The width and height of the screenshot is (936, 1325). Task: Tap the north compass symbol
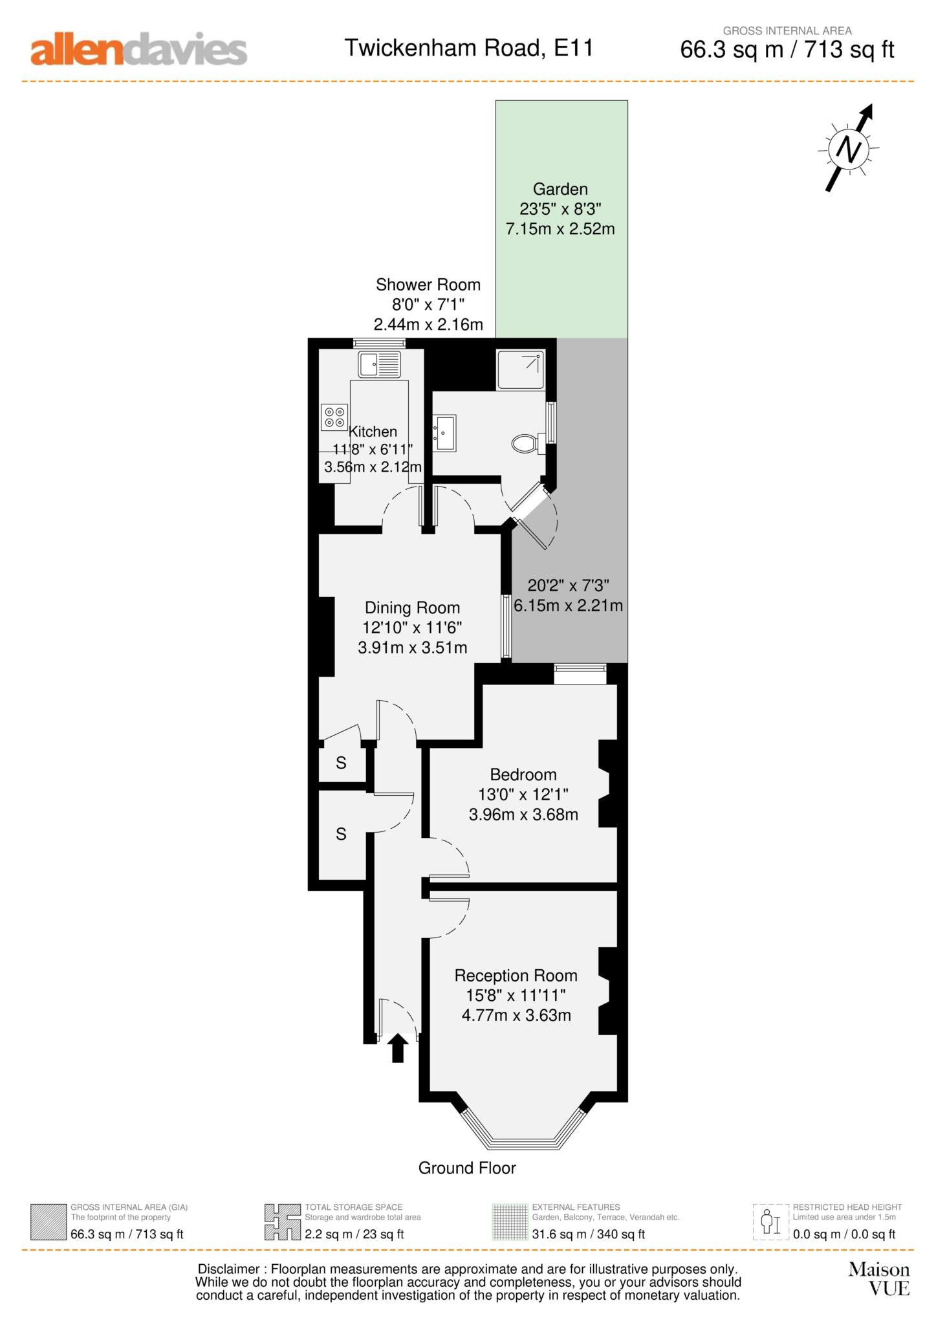click(849, 149)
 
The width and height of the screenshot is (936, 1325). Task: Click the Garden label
click(560, 189)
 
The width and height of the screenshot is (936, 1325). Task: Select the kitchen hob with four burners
click(334, 417)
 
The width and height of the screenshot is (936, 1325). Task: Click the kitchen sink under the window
click(380, 365)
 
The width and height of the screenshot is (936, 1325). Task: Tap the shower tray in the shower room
click(521, 369)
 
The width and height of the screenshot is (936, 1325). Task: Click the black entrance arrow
click(397, 1047)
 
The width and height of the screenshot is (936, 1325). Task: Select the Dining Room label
click(412, 608)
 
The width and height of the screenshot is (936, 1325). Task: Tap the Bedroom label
click(523, 774)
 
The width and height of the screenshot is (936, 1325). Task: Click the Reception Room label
click(516, 976)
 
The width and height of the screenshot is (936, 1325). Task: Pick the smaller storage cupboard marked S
click(341, 763)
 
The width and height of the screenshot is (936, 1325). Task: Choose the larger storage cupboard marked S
click(341, 835)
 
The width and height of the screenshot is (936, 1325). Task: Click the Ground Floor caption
click(467, 1168)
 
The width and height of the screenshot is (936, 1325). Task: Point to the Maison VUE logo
click(879, 1279)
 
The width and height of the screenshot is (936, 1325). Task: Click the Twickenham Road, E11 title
click(468, 48)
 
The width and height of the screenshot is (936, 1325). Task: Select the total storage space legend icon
click(283, 1222)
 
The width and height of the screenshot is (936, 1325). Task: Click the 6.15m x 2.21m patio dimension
click(569, 606)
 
